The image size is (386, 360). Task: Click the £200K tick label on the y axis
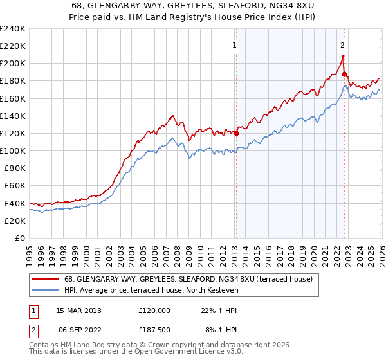(13, 64)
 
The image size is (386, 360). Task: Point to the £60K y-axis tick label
(15, 186)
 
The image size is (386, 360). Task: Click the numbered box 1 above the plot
(235, 46)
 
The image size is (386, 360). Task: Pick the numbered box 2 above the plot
(342, 46)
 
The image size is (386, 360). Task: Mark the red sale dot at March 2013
(236, 134)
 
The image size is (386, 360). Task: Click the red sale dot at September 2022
(344, 75)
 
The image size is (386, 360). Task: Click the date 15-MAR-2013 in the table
(75, 310)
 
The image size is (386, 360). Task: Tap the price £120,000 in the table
(154, 310)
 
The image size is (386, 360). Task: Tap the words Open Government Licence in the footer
(175, 353)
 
